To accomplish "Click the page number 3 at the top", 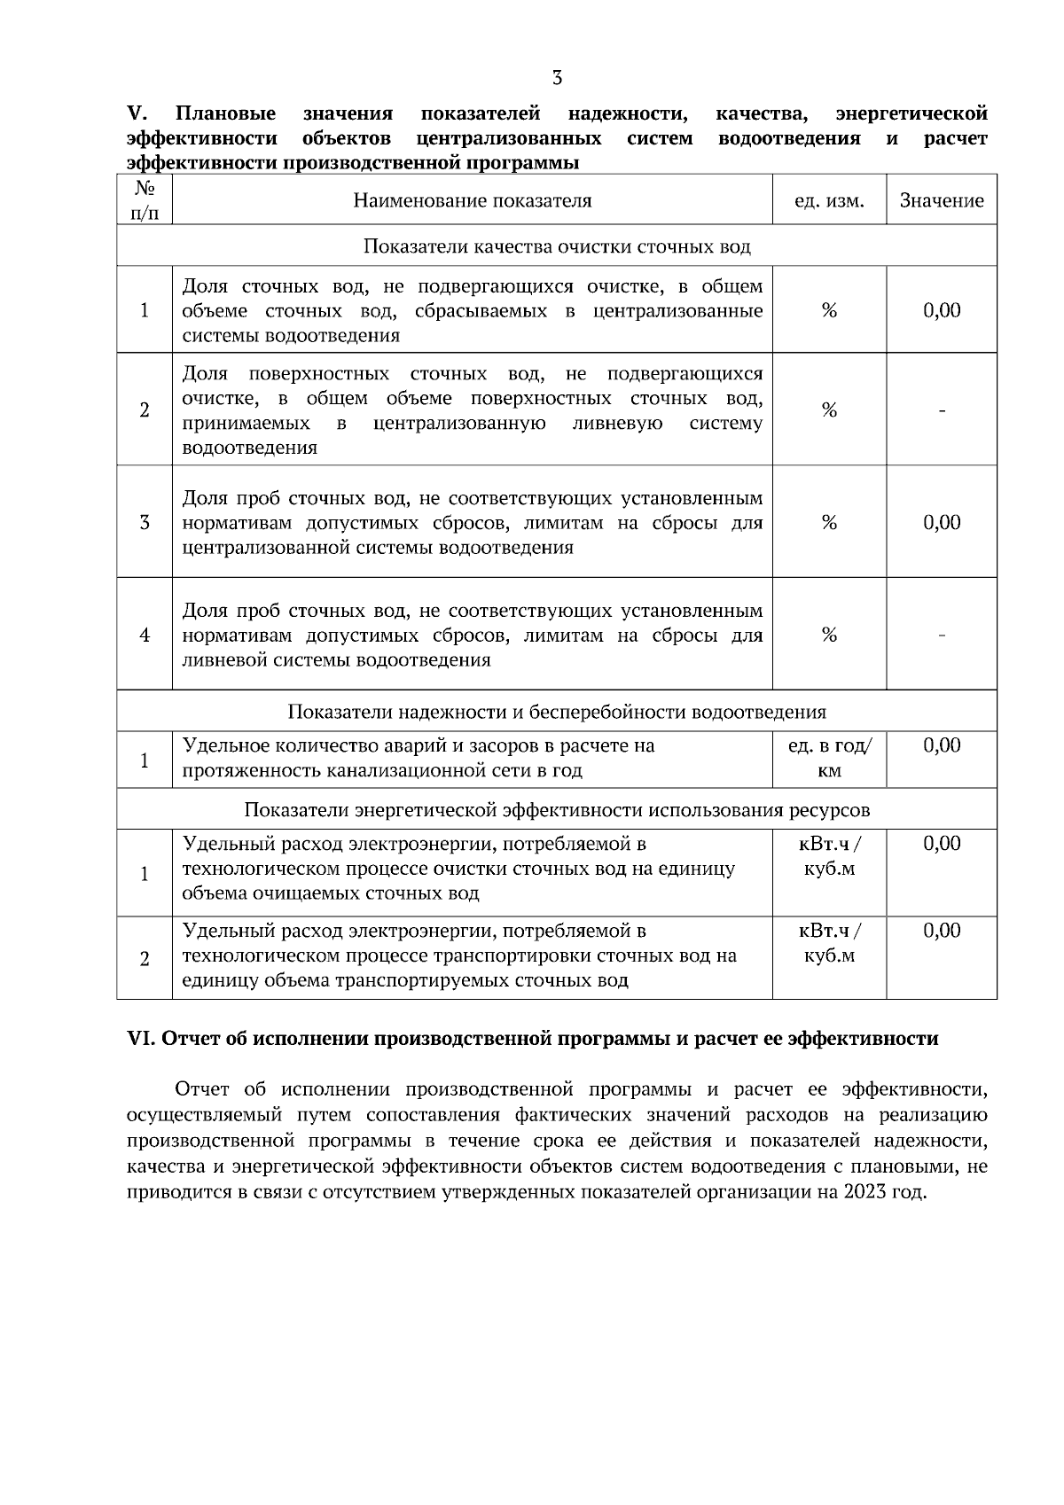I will tap(557, 78).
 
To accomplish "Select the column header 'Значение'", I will tap(942, 200).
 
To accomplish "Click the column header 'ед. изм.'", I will tap(829, 200).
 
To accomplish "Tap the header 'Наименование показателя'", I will tap(472, 200).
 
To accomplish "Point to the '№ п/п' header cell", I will tap(145, 200).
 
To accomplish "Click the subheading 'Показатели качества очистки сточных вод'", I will tap(557, 246).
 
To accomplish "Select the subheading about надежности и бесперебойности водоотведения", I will tap(557, 712).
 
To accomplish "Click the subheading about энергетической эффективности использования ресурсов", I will tap(557, 810).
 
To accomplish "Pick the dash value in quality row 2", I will tap(942, 410).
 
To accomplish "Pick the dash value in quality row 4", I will tap(942, 636).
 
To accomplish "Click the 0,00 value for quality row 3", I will tap(942, 523).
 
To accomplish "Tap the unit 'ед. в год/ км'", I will tap(829, 759).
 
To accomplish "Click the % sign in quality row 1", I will tap(829, 311).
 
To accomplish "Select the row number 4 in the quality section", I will tap(145, 636).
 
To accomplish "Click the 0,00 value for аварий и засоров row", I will tap(942, 746).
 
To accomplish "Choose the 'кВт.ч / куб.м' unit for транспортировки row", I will tap(829, 944).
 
